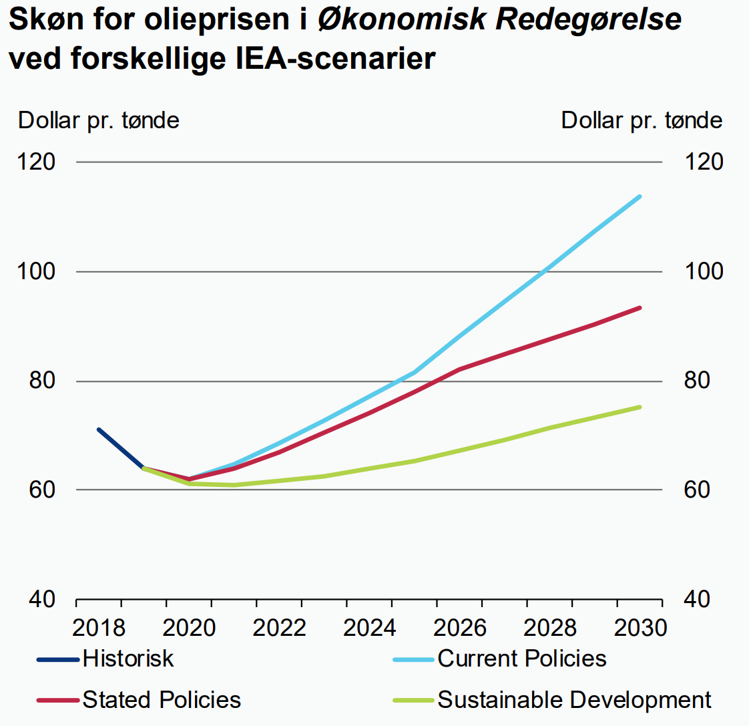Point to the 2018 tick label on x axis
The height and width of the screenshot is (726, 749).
tap(99, 628)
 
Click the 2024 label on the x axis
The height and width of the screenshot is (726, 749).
tap(369, 628)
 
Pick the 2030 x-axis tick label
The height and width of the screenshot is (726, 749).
tap(640, 628)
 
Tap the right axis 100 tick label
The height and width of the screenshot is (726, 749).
tap(703, 272)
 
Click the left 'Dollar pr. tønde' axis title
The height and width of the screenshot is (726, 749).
tap(99, 121)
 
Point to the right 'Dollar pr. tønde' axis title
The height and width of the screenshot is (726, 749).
tap(642, 121)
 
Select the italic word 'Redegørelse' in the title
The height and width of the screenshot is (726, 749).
tap(588, 20)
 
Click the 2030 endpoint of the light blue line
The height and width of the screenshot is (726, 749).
tap(640, 196)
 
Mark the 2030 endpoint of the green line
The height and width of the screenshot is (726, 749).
tap(640, 407)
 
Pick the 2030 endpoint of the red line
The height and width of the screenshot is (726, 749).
tap(640, 308)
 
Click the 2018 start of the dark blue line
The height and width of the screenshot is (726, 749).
tap(99, 429)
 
